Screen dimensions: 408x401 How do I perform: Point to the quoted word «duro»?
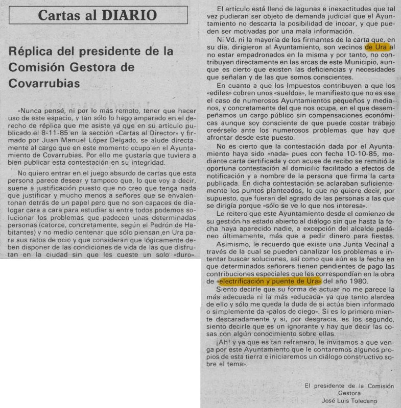180,254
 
